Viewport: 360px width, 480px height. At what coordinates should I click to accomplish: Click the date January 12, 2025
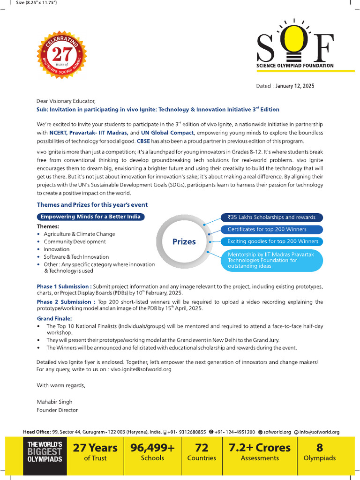pos(295,86)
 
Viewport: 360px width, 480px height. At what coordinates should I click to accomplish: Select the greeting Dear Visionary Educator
pos(66,101)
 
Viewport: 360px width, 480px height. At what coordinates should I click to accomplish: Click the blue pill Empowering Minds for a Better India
pos(91,217)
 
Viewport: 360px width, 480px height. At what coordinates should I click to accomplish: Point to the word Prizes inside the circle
pos(184,242)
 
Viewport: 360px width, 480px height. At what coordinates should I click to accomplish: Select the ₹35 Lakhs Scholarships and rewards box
pos(271,217)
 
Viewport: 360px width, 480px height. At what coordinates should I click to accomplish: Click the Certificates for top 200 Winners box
pos(271,230)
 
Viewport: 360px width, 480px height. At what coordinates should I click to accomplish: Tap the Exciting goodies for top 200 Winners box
pos(272,241)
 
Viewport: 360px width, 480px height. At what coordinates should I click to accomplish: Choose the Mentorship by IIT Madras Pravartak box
pos(272,260)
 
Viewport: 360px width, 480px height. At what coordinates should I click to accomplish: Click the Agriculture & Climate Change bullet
pos(79,234)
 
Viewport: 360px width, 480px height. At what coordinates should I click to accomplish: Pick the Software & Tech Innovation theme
pos(76,257)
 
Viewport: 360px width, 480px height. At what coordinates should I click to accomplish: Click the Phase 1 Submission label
pos(63,286)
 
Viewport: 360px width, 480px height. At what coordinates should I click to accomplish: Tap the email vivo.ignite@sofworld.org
pos(141,369)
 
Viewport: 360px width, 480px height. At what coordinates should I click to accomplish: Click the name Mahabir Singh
pos(54,402)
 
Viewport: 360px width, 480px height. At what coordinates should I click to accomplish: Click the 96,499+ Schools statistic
pos(152,452)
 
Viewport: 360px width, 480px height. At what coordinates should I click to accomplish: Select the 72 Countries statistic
pos(202,452)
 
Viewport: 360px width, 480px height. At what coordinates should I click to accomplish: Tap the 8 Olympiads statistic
pos(320,452)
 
